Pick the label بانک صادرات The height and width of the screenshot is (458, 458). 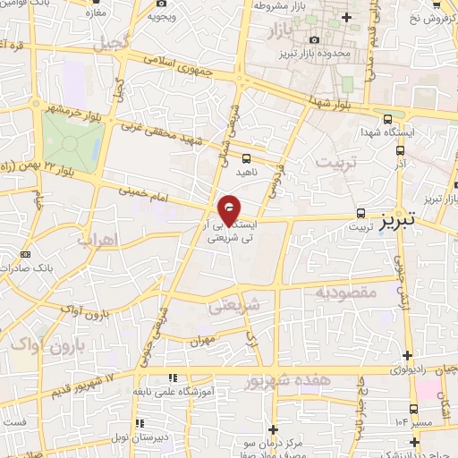[x=50, y=266]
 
